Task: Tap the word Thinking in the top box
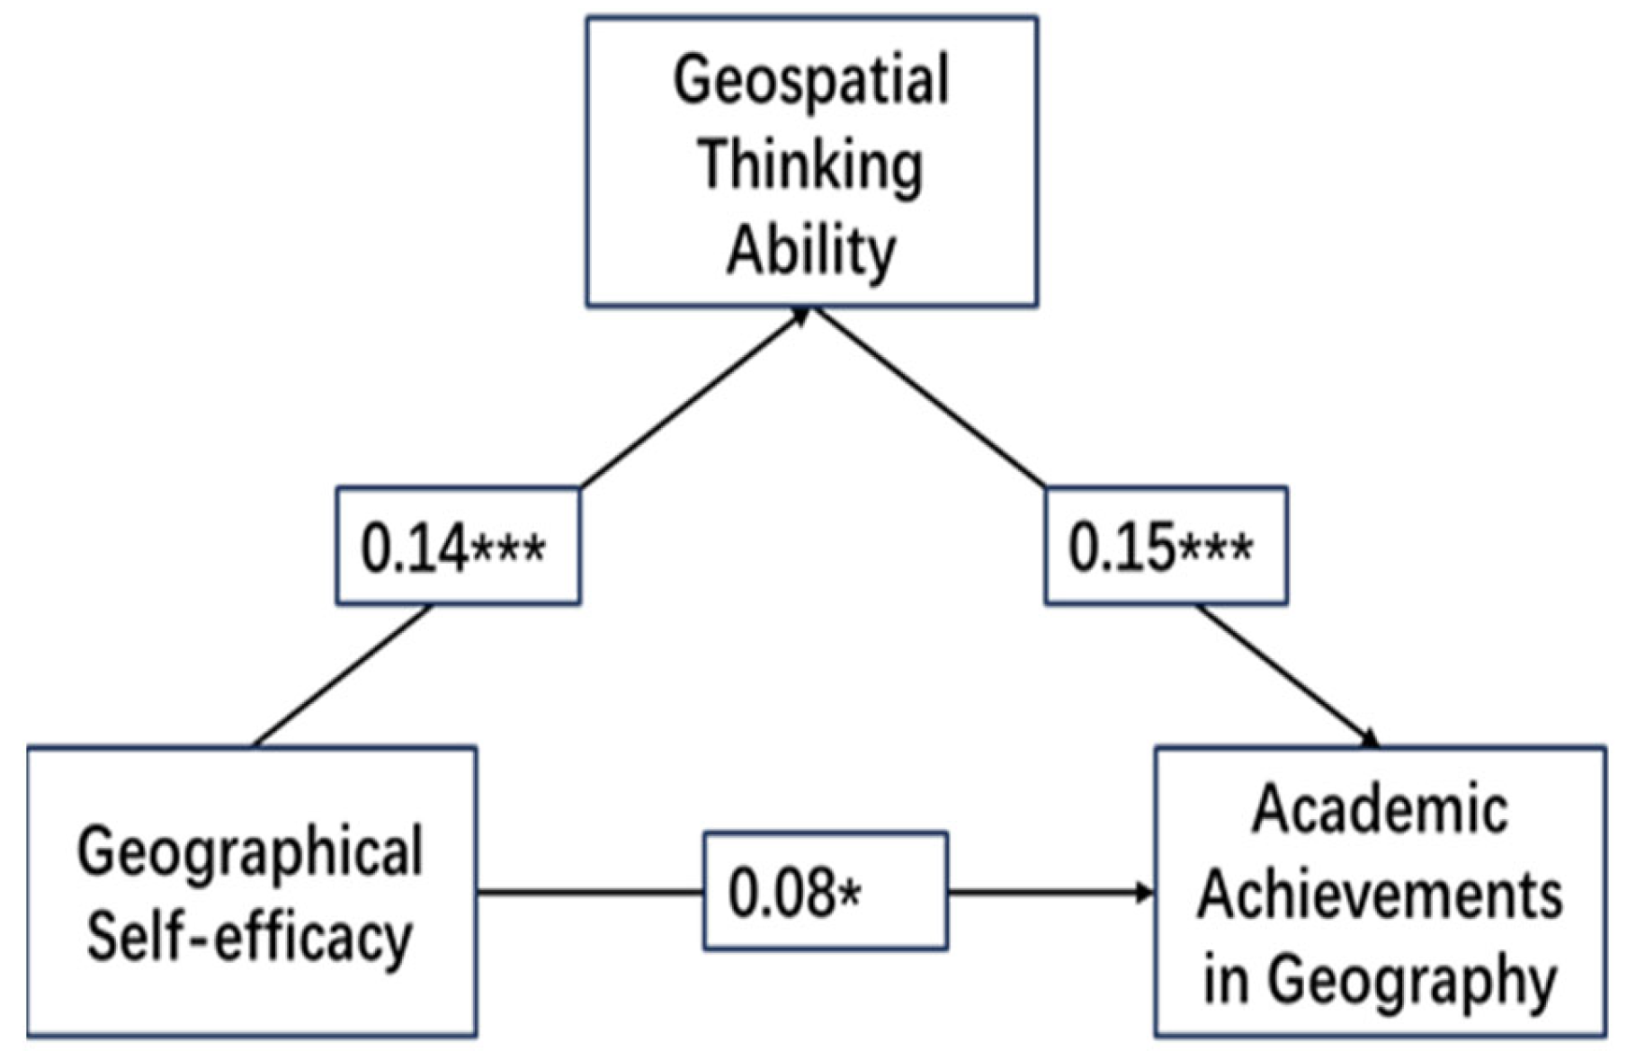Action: (810, 166)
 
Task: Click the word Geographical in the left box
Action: (250, 851)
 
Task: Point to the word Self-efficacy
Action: (250, 938)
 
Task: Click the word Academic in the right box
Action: (1380, 810)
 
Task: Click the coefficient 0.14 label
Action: (415, 548)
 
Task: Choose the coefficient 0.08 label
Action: (781, 893)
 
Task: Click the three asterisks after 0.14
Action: (508, 549)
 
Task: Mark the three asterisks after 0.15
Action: (1216, 548)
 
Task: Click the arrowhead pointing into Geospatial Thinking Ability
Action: (800, 316)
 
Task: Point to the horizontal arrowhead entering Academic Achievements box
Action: (1144, 893)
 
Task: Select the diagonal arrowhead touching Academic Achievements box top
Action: (1369, 739)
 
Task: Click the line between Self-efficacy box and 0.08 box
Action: (589, 893)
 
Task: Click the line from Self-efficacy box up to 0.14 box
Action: (342, 676)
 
